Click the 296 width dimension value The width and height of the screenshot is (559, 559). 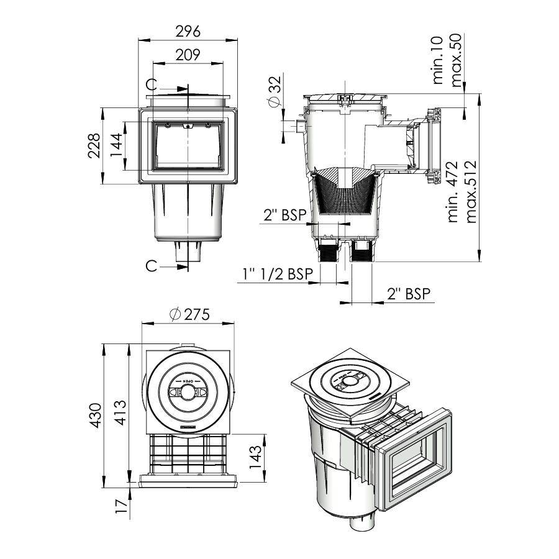(x=188, y=32)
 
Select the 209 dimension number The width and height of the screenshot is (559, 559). (x=188, y=55)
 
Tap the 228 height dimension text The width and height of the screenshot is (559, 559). (x=93, y=146)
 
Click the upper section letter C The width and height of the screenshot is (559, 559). (x=150, y=84)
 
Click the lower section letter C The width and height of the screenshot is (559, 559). (x=150, y=266)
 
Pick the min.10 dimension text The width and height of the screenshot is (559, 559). (x=439, y=60)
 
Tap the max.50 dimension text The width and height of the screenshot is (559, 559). (x=458, y=60)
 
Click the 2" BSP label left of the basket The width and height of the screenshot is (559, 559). (x=284, y=216)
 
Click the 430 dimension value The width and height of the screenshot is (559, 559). (x=95, y=415)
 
